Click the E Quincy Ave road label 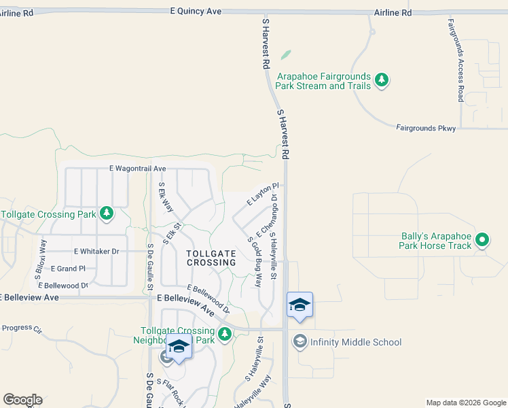196,12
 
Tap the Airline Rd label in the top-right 393,13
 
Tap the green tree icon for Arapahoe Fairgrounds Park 382,81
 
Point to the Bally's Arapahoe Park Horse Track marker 482,239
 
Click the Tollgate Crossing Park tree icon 106,214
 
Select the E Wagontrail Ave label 137,168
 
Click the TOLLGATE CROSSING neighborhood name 211,258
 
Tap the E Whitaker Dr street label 96,251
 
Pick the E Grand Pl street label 68,269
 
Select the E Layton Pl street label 263,193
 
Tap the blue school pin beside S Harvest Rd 300,305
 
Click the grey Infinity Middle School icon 300,341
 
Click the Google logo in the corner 22,400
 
